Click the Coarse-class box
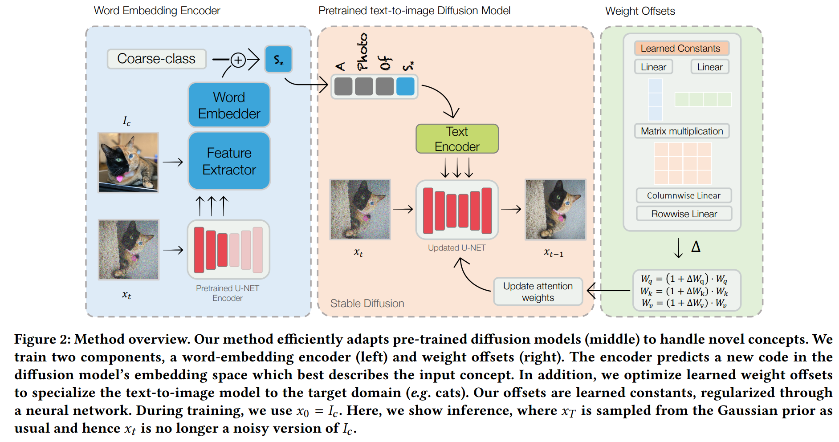click(156, 59)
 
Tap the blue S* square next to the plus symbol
click(278, 59)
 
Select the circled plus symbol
click(238, 60)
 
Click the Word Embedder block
click(229, 105)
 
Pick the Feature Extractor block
click(229, 161)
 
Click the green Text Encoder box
click(457, 139)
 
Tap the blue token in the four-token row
click(405, 86)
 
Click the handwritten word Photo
click(362, 52)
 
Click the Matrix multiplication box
click(681, 131)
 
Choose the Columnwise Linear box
click(683, 195)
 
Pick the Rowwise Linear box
click(684, 214)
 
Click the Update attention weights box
click(538, 292)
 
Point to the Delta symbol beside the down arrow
click(696, 247)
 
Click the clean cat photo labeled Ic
click(128, 162)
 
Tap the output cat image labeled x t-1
click(555, 210)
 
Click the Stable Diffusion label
click(367, 304)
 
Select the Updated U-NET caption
click(456, 248)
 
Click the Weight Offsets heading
click(639, 11)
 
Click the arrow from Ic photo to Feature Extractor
click(173, 162)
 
